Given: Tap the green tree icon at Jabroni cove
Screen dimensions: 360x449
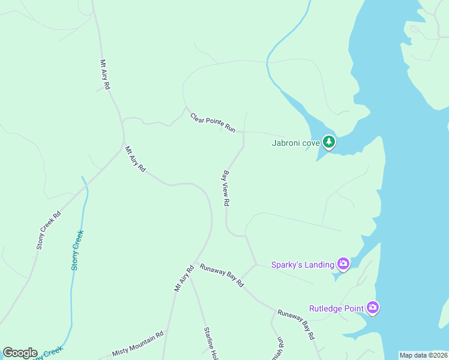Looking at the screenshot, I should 328,142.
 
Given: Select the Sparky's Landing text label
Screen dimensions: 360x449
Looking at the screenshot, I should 302,264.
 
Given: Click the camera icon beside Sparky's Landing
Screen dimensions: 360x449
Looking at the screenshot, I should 343,263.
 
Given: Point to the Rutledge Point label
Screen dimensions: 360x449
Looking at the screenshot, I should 336,308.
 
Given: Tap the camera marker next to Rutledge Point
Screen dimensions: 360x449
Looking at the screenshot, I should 373,308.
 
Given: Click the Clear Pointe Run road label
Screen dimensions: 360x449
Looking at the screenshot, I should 212,122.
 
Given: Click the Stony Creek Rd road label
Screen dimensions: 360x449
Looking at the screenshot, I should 49,230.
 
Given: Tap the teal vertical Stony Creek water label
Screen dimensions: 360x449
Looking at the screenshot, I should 77,250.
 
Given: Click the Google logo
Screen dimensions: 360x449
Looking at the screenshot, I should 20,353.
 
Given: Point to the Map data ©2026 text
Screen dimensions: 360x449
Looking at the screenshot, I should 423,355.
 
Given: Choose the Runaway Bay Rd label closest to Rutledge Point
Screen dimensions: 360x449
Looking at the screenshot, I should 296,325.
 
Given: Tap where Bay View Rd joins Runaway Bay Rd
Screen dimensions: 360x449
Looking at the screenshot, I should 257,264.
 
